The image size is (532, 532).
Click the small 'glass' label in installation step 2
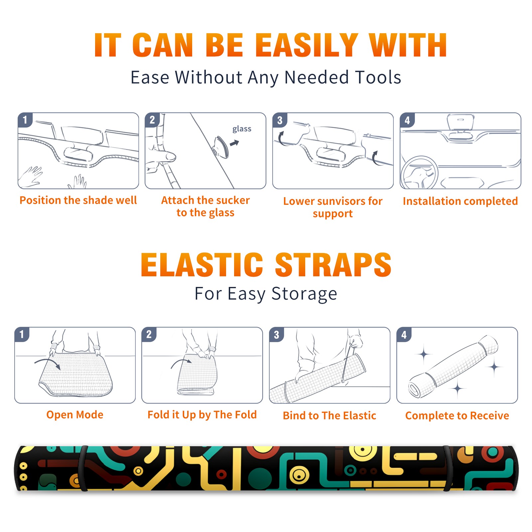click(242, 129)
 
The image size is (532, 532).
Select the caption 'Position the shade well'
click(78, 200)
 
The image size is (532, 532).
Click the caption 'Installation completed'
click(460, 201)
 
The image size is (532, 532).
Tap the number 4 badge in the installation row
click(407, 120)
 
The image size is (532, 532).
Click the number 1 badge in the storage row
click(22, 334)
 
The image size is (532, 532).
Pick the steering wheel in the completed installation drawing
click(419, 172)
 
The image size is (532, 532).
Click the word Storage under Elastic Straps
click(304, 294)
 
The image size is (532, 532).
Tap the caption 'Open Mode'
click(75, 415)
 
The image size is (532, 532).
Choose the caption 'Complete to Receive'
click(457, 416)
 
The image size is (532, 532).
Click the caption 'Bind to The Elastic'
click(330, 416)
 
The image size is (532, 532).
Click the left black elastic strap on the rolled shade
click(83, 468)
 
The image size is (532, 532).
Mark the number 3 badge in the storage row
click(277, 334)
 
